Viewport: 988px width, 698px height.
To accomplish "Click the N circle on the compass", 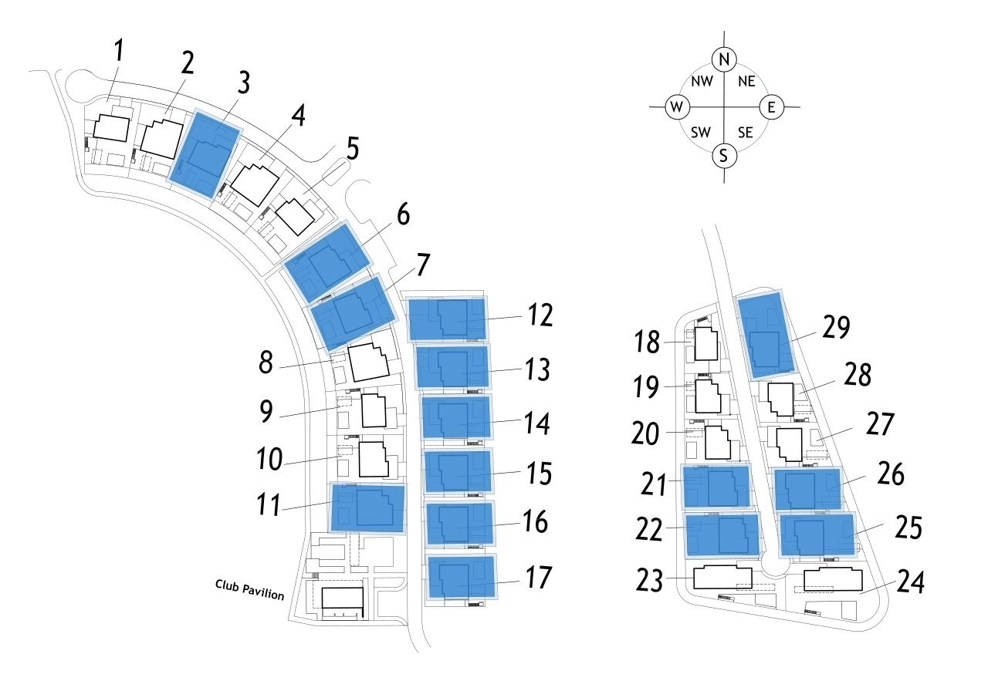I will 723,59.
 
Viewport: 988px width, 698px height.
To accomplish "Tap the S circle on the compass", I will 723,156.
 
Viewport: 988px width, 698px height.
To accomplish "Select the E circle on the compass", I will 771,106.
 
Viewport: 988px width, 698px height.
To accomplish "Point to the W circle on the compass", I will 677,106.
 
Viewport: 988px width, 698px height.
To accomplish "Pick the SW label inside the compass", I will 701,133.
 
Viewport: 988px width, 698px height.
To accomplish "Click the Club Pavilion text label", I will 249,590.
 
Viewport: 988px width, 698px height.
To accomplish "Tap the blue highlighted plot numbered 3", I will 204,154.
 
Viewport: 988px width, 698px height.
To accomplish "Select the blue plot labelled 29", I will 765,335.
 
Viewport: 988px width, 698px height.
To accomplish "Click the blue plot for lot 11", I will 367,507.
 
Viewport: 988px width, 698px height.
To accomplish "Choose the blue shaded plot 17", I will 462,577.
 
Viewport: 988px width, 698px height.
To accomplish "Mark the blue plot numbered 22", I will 723,534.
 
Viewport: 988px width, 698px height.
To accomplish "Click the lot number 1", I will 119,52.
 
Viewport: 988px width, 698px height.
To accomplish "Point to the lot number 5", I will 353,149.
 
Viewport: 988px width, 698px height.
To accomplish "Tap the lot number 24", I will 912,582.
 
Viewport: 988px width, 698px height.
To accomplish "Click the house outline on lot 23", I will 722,578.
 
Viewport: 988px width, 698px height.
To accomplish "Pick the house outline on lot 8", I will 369,362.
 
